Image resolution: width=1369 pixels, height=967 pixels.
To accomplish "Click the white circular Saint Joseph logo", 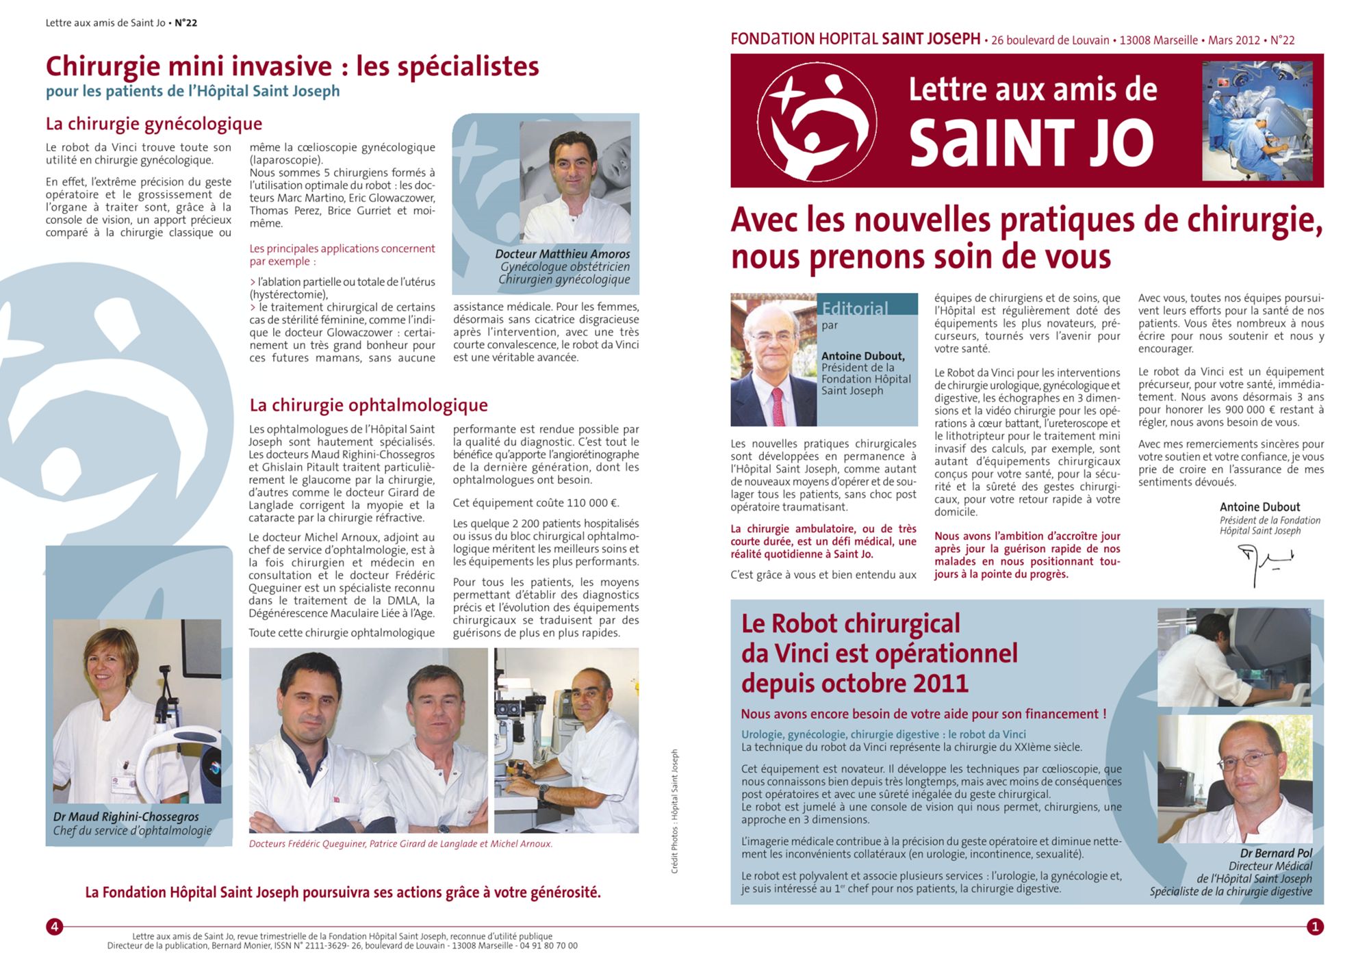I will (817, 122).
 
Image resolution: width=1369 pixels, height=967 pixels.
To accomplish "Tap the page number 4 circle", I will (54, 927).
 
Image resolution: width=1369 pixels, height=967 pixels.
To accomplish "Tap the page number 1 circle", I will (1314, 927).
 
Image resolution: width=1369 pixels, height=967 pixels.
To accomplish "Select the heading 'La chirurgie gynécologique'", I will (154, 124).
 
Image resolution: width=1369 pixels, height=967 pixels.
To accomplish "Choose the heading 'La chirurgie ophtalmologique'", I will (368, 405).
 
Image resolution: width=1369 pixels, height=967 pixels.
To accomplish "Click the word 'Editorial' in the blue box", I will (855, 308).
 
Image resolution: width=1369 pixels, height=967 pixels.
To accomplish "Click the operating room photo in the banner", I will (1257, 120).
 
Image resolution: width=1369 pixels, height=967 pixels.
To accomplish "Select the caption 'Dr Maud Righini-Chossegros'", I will (126, 816).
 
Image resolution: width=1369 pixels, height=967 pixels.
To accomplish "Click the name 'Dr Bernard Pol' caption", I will (1276, 853).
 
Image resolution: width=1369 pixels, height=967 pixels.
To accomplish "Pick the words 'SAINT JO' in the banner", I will (1031, 142).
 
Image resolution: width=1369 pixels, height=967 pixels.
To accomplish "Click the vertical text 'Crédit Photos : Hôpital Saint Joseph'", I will (674, 811).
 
